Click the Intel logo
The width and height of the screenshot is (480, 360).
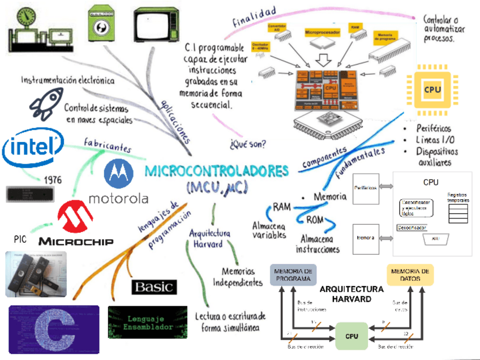click(32, 148)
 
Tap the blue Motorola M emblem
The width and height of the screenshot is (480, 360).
click(119, 173)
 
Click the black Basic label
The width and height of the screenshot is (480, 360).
click(154, 286)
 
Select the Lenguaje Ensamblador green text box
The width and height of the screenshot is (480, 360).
click(148, 322)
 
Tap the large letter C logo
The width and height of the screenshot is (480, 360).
click(54, 330)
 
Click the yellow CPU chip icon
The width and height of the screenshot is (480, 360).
click(432, 89)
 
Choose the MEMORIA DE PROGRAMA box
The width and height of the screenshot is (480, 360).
click(293, 274)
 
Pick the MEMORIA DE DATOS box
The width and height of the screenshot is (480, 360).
click(411, 274)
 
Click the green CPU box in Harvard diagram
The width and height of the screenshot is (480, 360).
click(352, 336)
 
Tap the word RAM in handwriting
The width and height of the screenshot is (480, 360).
click(281, 207)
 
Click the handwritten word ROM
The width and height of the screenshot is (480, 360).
click(315, 219)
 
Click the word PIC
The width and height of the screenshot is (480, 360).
click(20, 239)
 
